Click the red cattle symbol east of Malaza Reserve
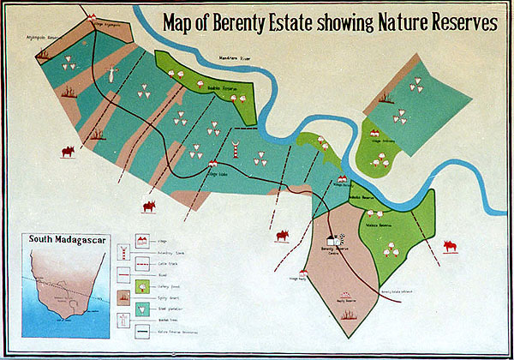(x=449, y=248)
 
